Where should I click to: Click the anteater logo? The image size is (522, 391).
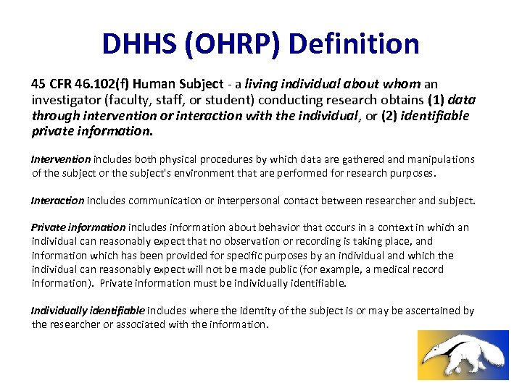463,355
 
